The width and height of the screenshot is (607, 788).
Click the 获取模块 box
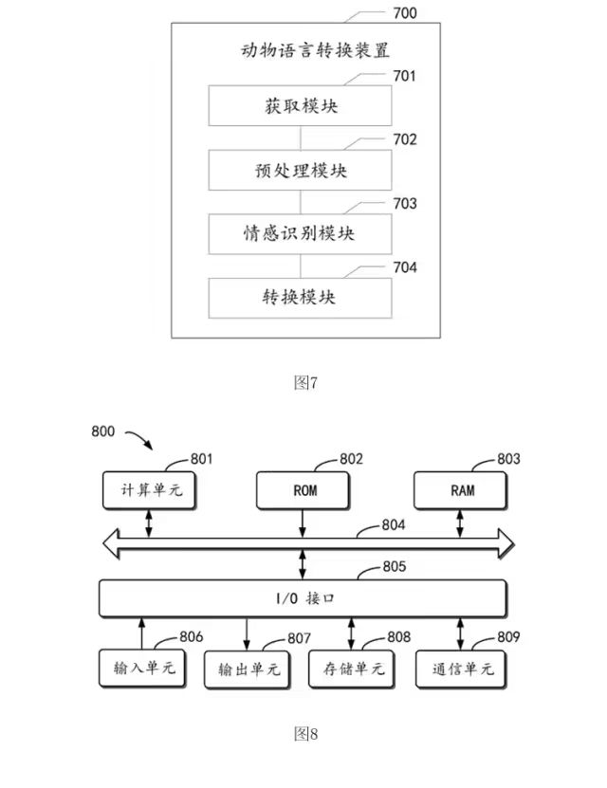tap(300, 106)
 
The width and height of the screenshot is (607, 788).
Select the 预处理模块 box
tap(300, 171)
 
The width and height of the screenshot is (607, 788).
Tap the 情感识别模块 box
tap(300, 233)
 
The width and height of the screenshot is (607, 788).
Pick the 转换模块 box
tap(300, 297)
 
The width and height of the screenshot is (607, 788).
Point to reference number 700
tap(403, 14)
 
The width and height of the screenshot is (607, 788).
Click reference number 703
tap(404, 204)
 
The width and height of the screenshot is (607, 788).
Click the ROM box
tap(303, 491)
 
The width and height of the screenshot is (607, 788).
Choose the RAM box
tap(462, 491)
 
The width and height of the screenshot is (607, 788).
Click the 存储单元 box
tap(352, 669)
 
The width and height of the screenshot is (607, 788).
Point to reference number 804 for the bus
tap(394, 523)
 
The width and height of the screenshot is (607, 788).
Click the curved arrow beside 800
tap(139, 440)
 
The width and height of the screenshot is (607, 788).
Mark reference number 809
tap(508, 637)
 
